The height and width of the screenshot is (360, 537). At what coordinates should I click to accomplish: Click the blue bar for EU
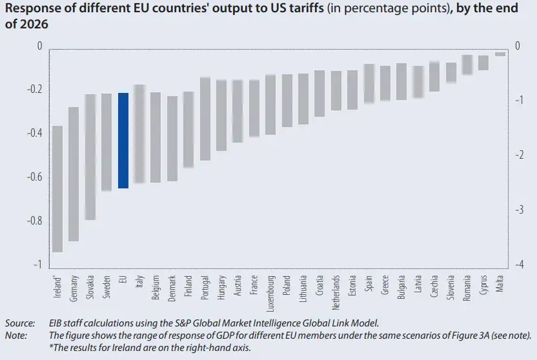[123, 141]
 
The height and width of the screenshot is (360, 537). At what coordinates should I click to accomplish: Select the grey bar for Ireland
[57, 189]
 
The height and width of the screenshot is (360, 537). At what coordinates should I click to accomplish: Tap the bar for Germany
[74, 174]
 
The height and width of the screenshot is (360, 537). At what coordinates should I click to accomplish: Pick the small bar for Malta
[500, 54]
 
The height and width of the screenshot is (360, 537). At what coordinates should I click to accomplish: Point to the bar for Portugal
[205, 119]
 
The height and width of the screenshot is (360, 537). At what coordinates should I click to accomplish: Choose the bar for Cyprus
[483, 63]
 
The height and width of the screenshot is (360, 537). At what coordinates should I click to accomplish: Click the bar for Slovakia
[90, 157]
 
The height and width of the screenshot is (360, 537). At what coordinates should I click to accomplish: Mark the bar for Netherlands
[336, 91]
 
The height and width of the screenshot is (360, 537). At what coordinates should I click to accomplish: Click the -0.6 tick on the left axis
[35, 177]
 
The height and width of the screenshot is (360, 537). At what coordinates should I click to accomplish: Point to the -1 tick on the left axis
[37, 264]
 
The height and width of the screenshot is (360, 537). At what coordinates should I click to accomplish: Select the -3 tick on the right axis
[519, 209]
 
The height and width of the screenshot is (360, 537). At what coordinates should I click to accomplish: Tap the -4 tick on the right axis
[519, 264]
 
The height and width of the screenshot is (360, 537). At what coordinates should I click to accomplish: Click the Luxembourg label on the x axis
[271, 294]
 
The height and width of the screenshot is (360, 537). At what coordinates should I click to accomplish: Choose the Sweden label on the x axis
[107, 286]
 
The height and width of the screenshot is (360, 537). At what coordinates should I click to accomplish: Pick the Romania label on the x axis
[467, 288]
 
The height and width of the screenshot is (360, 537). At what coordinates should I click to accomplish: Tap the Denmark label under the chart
[172, 288]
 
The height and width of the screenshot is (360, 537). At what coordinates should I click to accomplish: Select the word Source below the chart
[20, 323]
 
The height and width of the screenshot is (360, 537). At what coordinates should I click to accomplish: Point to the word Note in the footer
[16, 335]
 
